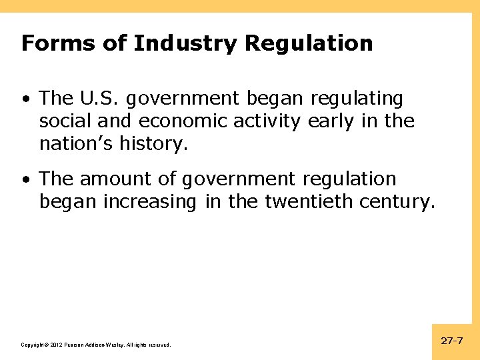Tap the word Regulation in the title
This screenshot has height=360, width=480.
309,43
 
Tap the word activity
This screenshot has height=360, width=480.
269,121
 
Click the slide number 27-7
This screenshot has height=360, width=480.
452,341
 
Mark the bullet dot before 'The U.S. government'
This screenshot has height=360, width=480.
25,100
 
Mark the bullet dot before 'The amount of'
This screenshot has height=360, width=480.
25,180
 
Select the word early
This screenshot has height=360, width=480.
328,121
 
